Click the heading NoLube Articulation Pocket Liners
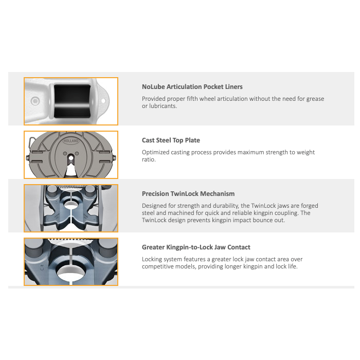[x=192, y=87]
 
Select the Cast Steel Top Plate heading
[x=171, y=140]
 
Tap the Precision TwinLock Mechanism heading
[x=188, y=194]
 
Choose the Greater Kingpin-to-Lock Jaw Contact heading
[x=196, y=247]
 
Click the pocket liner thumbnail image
[x=71, y=101]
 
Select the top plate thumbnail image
[x=71, y=155]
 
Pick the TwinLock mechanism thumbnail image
[x=71, y=208]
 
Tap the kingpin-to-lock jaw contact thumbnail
[x=71, y=262]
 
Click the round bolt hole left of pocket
[x=35, y=100]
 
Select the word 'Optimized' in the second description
[x=156, y=152]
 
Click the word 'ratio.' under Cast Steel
[x=149, y=159]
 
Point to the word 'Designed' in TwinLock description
[x=155, y=206]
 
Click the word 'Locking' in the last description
[x=153, y=259]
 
